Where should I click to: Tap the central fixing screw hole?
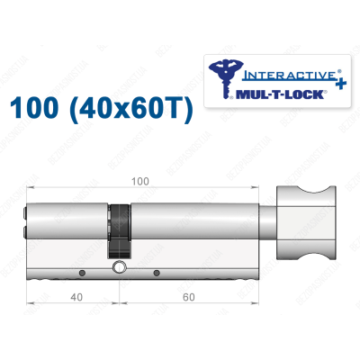coord(118,269)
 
